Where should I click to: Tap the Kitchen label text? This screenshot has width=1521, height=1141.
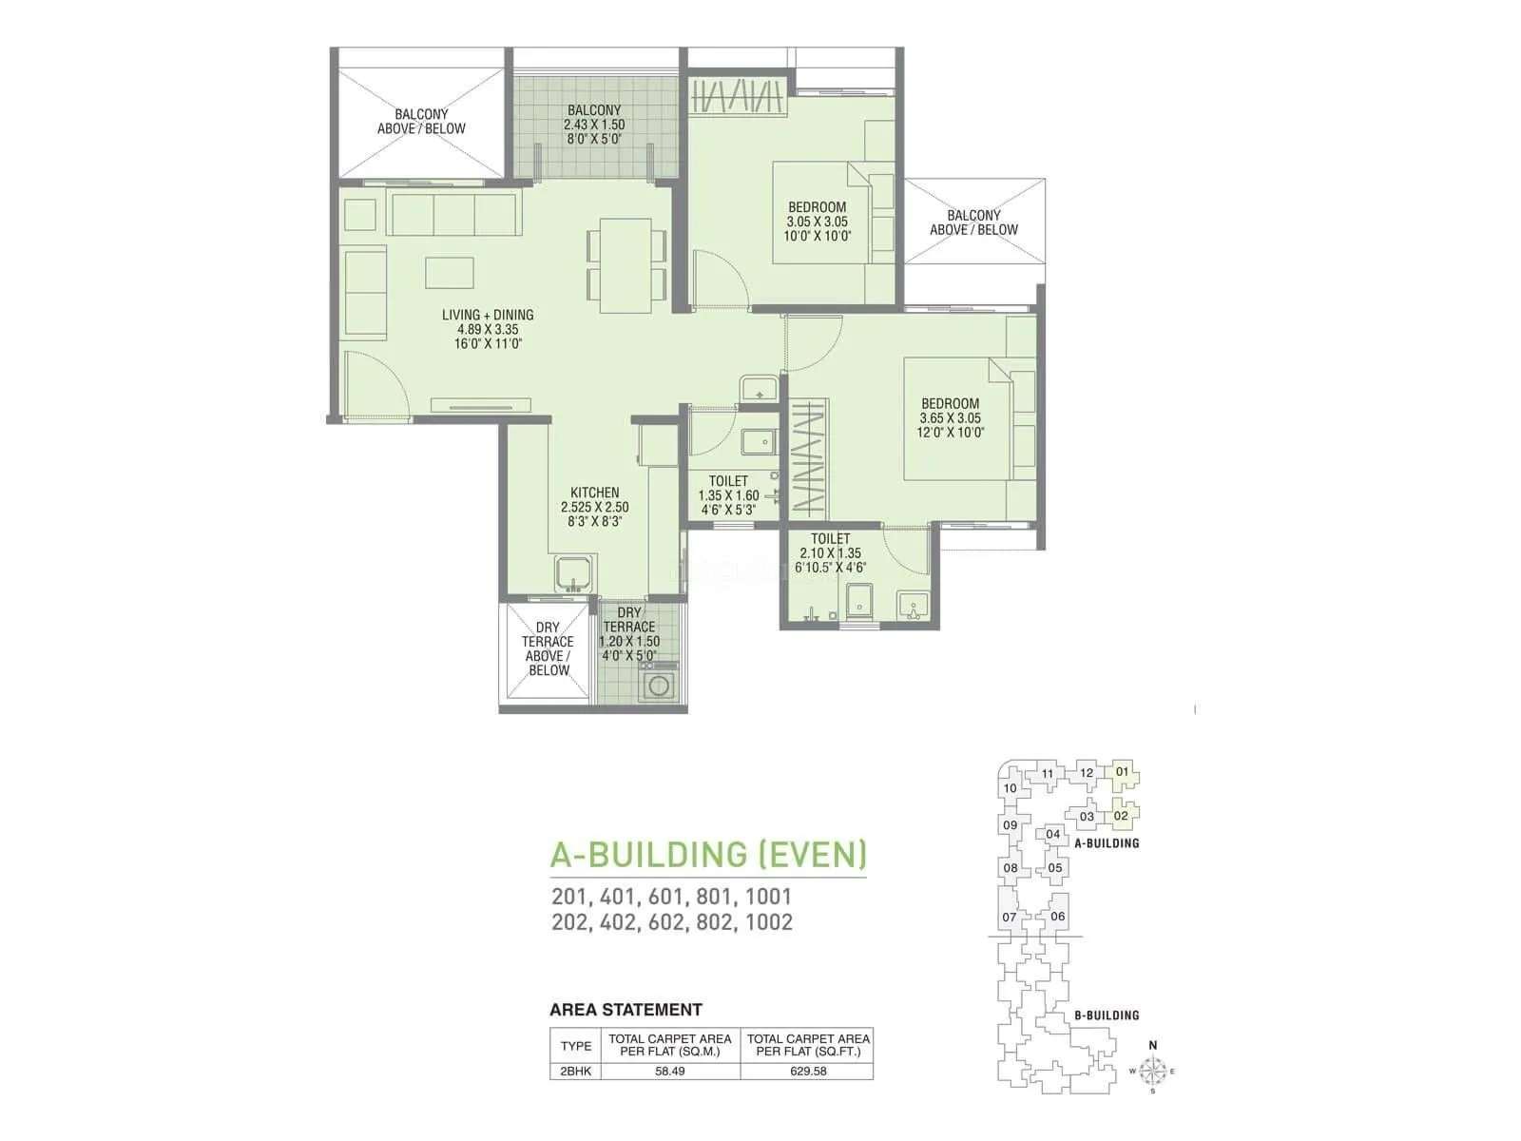594,493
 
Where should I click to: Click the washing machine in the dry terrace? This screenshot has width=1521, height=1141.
659,684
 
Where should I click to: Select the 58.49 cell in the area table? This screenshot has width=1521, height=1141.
671,1071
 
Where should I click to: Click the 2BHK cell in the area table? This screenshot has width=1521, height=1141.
575,1071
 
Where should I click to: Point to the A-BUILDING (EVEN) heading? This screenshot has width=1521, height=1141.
708,854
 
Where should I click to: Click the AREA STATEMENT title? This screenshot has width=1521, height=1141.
626,1010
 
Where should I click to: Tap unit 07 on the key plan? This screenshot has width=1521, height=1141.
1009,918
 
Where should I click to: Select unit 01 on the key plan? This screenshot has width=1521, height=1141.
1122,771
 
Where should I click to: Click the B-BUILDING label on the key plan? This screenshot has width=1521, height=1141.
1107,1015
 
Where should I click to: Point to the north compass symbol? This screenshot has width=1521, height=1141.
1153,1072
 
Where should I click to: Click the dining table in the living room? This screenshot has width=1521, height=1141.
626,265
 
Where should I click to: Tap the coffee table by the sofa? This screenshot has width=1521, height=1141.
450,272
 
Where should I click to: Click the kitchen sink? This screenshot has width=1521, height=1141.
573,574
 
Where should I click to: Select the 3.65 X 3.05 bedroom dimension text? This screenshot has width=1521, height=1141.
950,417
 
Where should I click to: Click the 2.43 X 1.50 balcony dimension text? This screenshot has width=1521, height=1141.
594,125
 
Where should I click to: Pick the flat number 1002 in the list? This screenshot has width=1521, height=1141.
768,921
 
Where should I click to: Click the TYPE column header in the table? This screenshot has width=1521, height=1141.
575,1045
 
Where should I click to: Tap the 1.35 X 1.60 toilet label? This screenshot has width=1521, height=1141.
728,495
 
